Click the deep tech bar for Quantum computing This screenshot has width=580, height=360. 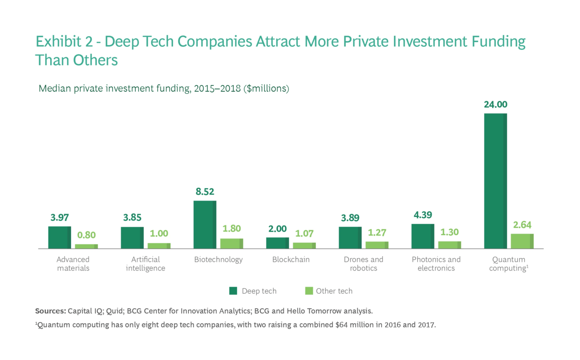tap(495, 181)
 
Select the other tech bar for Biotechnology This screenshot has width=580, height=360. tap(231, 244)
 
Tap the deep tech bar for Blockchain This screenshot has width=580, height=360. tap(277, 243)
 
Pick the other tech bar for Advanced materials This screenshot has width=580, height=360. tap(86, 246)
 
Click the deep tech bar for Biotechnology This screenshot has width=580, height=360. tap(205, 225)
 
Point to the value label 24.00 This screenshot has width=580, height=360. tap(495, 105)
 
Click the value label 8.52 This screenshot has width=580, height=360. tap(205, 192)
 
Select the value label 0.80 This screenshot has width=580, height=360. tap(86, 235)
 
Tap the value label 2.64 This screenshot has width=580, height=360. tap(522, 225)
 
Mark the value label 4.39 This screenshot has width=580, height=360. tap(423, 215)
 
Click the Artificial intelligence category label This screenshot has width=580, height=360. tap(145, 264)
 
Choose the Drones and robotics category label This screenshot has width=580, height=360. tap(363, 264)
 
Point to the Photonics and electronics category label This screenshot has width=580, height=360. tap(436, 264)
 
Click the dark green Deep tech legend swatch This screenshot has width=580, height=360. tap(233, 291)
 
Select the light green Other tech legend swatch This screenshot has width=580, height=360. tap(309, 291)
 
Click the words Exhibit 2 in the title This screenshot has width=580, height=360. tap(64, 42)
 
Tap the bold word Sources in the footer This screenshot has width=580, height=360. tap(50, 311)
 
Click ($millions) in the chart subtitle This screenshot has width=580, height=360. tap(266, 89)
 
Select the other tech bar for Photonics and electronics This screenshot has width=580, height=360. tap(449, 245)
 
